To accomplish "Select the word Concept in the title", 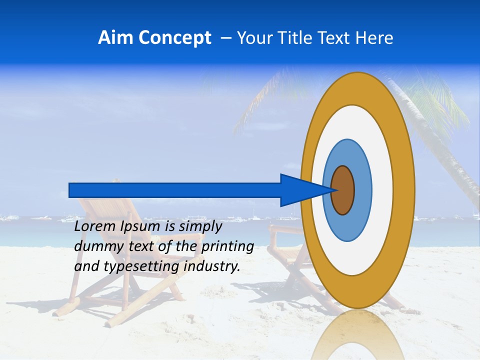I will pyautogui.click(x=174, y=38).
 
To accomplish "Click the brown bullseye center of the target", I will pyautogui.click(x=342, y=190).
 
